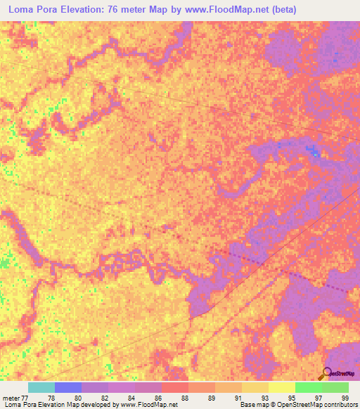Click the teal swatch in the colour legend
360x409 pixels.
pos(41,387)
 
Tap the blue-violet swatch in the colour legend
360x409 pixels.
pos(68,387)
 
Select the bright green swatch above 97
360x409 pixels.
pos(309,387)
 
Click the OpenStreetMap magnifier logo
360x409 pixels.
pos(326,373)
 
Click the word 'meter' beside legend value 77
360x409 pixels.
pos(12,397)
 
